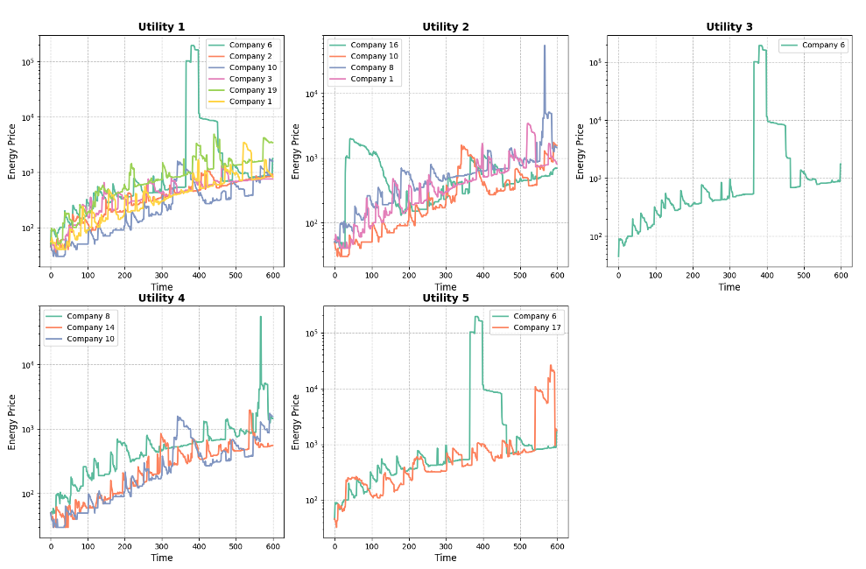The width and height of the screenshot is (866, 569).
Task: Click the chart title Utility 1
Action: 161,27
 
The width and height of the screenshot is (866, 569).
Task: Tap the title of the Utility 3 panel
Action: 729,27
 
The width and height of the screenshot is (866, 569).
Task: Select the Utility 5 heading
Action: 445,299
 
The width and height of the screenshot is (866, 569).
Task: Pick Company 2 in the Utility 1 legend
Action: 250,56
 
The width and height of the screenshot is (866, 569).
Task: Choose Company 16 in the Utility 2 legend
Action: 374,45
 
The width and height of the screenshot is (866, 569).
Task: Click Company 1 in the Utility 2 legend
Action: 371,79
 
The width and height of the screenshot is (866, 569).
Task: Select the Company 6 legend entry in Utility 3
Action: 822,45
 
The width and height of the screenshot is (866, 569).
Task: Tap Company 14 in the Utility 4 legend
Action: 90,327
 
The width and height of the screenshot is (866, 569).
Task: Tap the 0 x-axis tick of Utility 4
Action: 51,546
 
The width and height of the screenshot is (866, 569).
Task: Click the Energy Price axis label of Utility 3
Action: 581,151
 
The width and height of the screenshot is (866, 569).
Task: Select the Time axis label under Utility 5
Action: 445,558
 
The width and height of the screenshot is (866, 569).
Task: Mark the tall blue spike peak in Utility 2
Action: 544,46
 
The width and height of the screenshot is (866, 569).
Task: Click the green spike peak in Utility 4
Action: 260,317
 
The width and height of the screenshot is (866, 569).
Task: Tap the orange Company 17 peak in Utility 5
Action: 551,365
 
